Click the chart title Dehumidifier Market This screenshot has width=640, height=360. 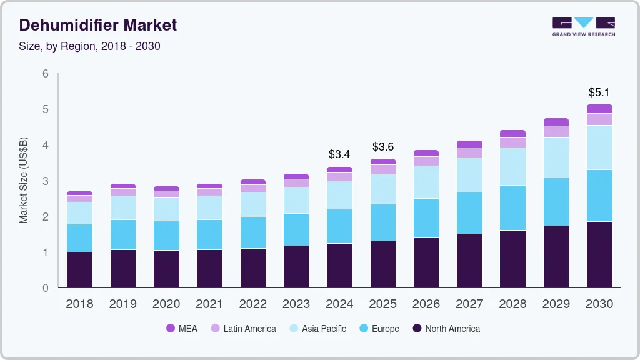tap(98, 25)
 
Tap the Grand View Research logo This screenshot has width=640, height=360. tap(583, 26)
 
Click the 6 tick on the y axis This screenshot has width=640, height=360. tap(45, 74)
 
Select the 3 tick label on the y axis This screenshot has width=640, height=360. tap(45, 181)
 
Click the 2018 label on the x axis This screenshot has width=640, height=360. tap(79, 304)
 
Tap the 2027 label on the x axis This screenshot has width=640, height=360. tap(469, 304)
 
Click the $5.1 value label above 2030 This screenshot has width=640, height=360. tap(599, 92)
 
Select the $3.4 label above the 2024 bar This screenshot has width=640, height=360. tap(339, 154)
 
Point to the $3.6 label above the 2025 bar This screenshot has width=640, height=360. tap(382, 147)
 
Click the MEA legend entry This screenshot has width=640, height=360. tap(182, 328)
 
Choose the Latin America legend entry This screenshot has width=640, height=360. tap(243, 328)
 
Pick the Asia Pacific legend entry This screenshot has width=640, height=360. tap(317, 328)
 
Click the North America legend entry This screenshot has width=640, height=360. tap(446, 328)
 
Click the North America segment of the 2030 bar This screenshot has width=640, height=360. tap(599, 254)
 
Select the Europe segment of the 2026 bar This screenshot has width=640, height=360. tap(426, 218)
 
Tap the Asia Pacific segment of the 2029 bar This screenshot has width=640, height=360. tap(556, 157)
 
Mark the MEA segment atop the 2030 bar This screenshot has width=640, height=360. tap(599, 109)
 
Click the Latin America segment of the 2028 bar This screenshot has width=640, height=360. tap(512, 142)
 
